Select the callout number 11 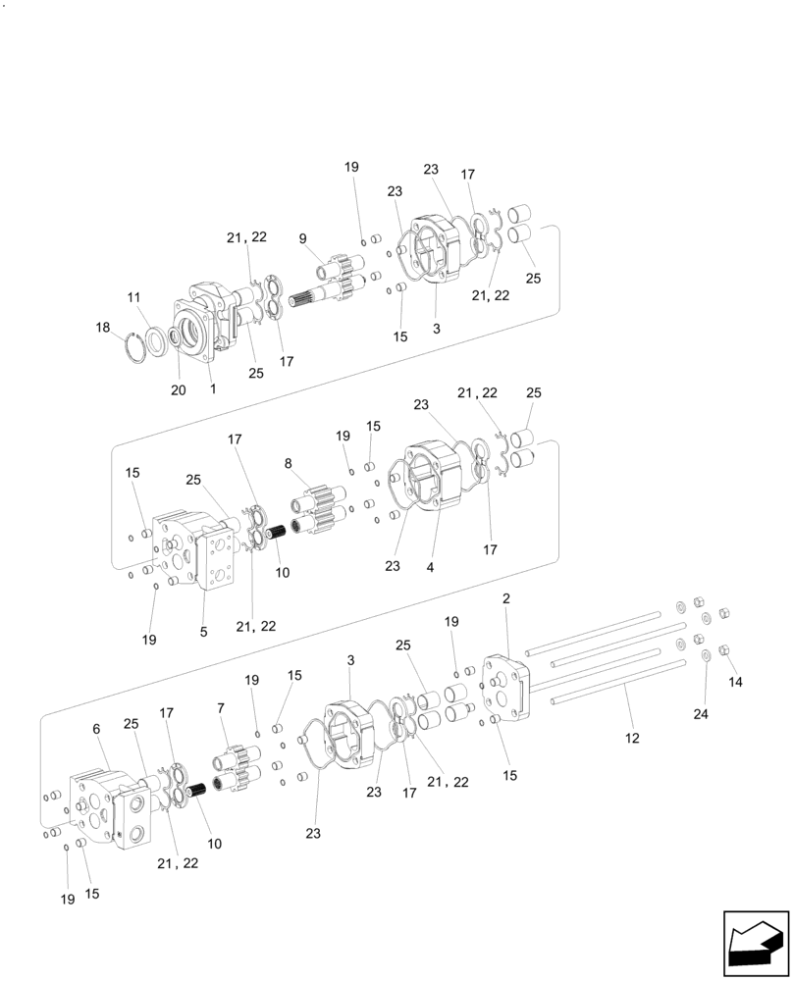[133, 296]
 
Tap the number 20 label [178, 389]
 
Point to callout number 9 [303, 238]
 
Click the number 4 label [429, 567]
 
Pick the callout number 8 [288, 464]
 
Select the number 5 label [204, 633]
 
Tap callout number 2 [506, 598]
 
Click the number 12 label [632, 738]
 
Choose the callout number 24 [701, 715]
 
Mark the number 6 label [96, 729]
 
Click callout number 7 [221, 708]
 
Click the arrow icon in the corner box [756, 943]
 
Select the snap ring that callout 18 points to [145, 347]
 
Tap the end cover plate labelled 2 [505, 686]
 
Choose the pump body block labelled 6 [108, 809]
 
